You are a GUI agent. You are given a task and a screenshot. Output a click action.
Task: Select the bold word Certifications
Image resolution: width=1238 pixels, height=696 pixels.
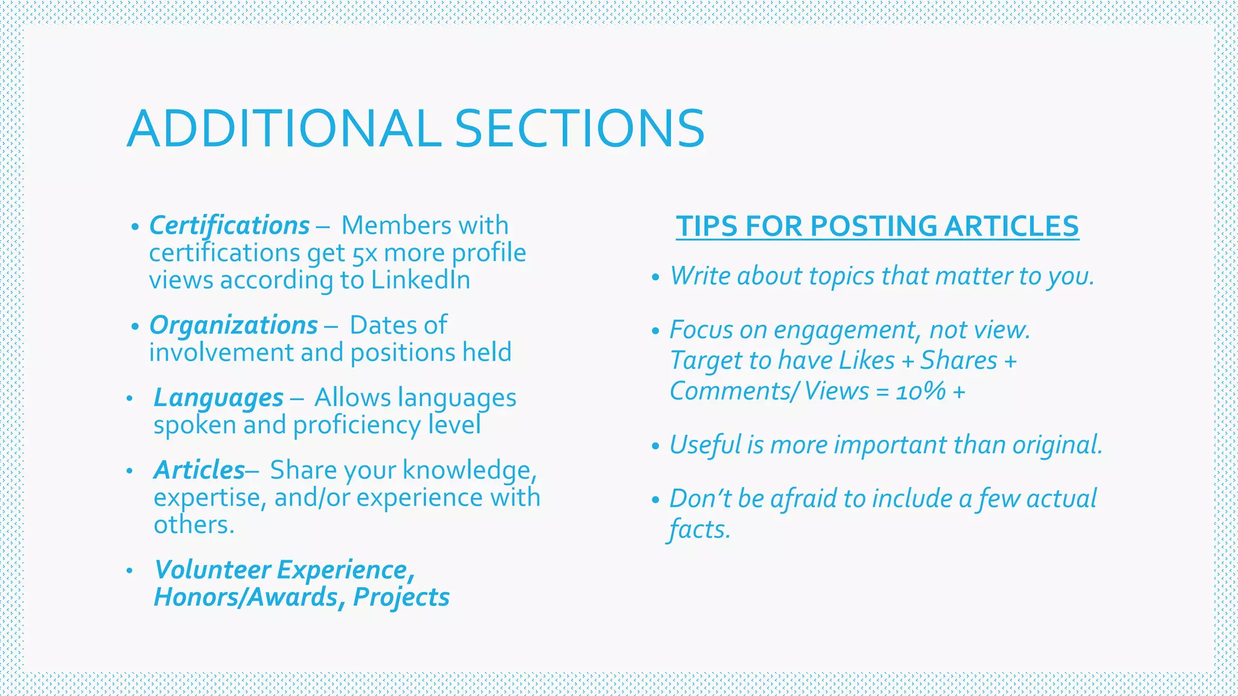click(229, 225)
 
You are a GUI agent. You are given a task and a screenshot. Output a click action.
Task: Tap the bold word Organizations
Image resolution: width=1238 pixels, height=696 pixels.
click(233, 325)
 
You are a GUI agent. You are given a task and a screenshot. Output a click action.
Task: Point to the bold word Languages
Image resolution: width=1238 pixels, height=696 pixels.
click(218, 398)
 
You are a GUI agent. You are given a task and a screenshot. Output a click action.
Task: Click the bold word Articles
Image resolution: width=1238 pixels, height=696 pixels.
click(199, 470)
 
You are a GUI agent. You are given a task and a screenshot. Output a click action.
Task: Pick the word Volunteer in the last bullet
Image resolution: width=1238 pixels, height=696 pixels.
click(212, 570)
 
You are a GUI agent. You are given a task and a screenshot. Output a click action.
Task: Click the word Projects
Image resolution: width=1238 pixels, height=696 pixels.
click(401, 597)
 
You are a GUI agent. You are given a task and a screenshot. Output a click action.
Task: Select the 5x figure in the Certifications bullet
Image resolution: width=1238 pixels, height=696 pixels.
click(365, 254)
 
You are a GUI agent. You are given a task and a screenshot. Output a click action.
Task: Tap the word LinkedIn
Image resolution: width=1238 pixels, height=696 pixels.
click(421, 280)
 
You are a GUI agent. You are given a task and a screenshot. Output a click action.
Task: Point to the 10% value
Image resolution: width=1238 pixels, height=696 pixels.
click(921, 391)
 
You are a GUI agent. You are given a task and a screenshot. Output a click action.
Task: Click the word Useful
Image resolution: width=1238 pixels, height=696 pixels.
click(705, 445)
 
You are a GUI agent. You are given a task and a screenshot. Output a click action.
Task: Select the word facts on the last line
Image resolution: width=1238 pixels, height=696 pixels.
click(699, 530)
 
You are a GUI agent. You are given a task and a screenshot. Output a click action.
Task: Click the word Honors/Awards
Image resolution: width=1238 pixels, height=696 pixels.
click(246, 597)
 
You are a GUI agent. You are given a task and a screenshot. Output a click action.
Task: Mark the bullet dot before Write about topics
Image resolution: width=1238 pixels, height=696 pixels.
click(655, 278)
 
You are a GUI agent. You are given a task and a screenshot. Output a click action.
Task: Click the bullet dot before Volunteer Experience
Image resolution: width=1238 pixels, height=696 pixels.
click(129, 571)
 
